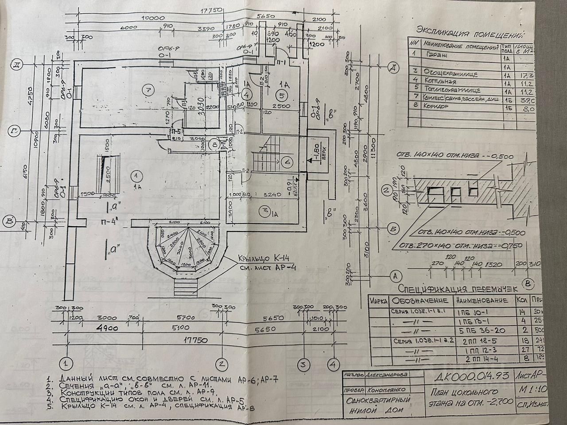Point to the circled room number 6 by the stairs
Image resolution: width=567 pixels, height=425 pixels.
point(287,162)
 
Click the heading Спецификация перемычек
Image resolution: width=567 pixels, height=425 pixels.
point(458,289)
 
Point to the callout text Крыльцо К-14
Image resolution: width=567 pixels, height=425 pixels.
point(261,259)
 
